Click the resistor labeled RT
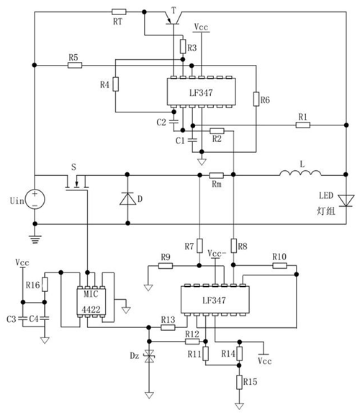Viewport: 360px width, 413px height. pos(120,12)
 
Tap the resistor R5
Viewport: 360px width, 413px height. pos(75,65)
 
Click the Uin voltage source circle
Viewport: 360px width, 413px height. pos(34,198)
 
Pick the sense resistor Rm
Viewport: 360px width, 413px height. pos(216,175)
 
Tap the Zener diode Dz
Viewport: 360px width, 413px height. pos(149,356)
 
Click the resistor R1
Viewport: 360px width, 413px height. pos(302,125)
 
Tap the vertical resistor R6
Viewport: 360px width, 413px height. pos(255,99)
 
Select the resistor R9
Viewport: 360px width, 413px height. pos(166,265)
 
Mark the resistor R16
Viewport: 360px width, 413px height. pos(44,284)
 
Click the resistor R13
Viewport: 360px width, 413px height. pos(168,327)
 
